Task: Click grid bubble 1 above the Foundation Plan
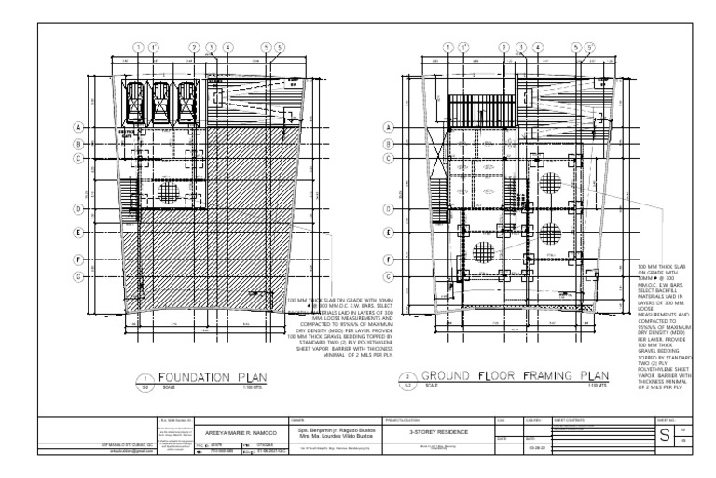(138, 47)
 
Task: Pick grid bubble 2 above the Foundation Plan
(195, 47)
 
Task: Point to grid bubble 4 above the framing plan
(539, 47)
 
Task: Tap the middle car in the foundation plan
(161, 97)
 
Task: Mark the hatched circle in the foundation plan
(169, 194)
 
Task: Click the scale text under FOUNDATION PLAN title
(168, 387)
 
